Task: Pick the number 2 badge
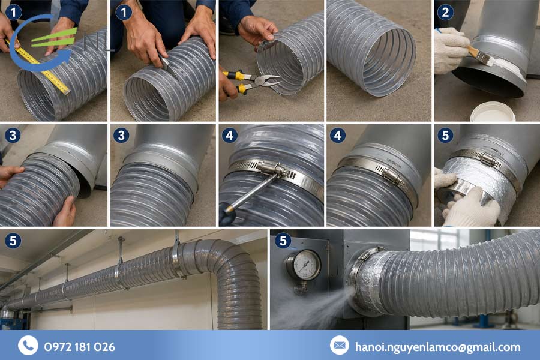pos(445,13)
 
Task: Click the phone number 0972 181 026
pos(80,347)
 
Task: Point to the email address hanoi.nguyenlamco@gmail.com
pos(438,347)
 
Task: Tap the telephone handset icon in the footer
pos(28,345)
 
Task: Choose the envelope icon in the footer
pos(340,345)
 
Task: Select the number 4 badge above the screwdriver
pos(230,136)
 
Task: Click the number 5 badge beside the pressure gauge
pos(283,241)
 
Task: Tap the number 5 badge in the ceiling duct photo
pos(13,241)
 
